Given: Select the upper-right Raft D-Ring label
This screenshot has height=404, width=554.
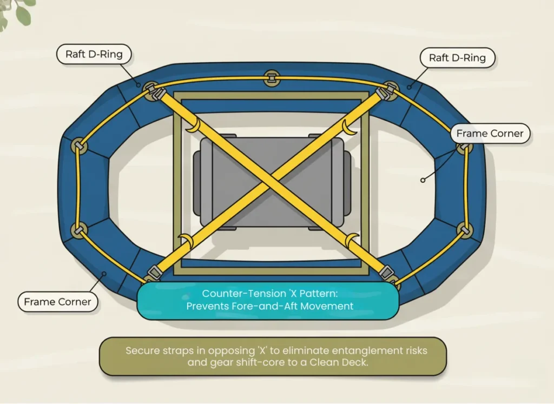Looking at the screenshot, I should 457,57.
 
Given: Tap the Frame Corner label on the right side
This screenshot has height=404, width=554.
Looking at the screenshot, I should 490,133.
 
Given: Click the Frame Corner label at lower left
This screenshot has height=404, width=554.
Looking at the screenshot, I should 57,302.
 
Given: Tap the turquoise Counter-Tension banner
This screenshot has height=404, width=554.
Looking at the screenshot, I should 269,300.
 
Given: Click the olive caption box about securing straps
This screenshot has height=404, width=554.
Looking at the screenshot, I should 273,356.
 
